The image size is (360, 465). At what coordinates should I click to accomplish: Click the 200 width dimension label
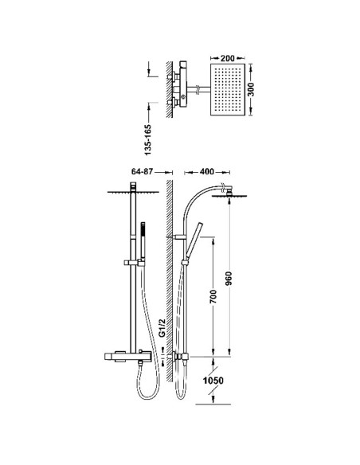(226, 60)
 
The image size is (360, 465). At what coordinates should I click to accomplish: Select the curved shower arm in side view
(195, 200)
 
